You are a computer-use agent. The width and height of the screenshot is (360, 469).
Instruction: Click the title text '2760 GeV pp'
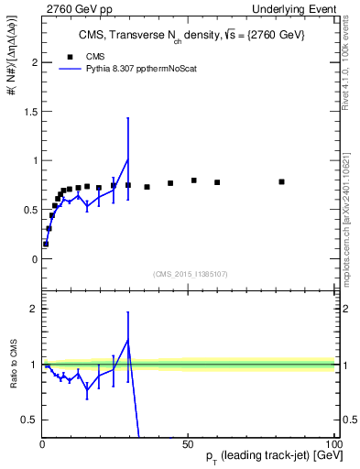71,7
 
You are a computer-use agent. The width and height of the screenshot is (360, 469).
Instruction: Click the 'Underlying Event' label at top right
296,7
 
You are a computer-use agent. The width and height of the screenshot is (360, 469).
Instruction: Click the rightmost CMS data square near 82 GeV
281,182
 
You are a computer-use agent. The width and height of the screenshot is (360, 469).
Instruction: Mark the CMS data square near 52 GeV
194,180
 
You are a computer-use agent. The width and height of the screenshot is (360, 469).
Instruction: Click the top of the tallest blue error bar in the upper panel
128,118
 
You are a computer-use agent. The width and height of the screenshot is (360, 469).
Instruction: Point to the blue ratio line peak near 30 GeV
128,340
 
